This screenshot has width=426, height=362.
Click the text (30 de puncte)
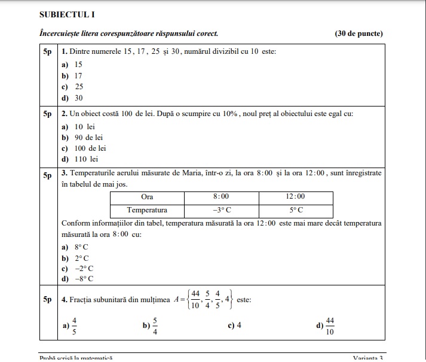359,34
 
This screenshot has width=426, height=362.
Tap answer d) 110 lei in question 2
79,159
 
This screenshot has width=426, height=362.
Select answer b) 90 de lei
82,138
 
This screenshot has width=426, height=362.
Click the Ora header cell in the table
147,196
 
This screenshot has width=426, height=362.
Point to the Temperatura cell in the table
147,211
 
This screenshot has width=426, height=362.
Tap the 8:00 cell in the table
221,196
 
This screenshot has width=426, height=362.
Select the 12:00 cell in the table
295,196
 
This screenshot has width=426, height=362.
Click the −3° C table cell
221,211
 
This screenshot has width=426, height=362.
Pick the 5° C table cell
295,211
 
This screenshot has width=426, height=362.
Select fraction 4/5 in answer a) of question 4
74,326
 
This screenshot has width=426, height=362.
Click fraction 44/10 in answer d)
330,326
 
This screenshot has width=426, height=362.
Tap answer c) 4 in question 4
235,326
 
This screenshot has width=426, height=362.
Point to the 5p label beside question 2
48,113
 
